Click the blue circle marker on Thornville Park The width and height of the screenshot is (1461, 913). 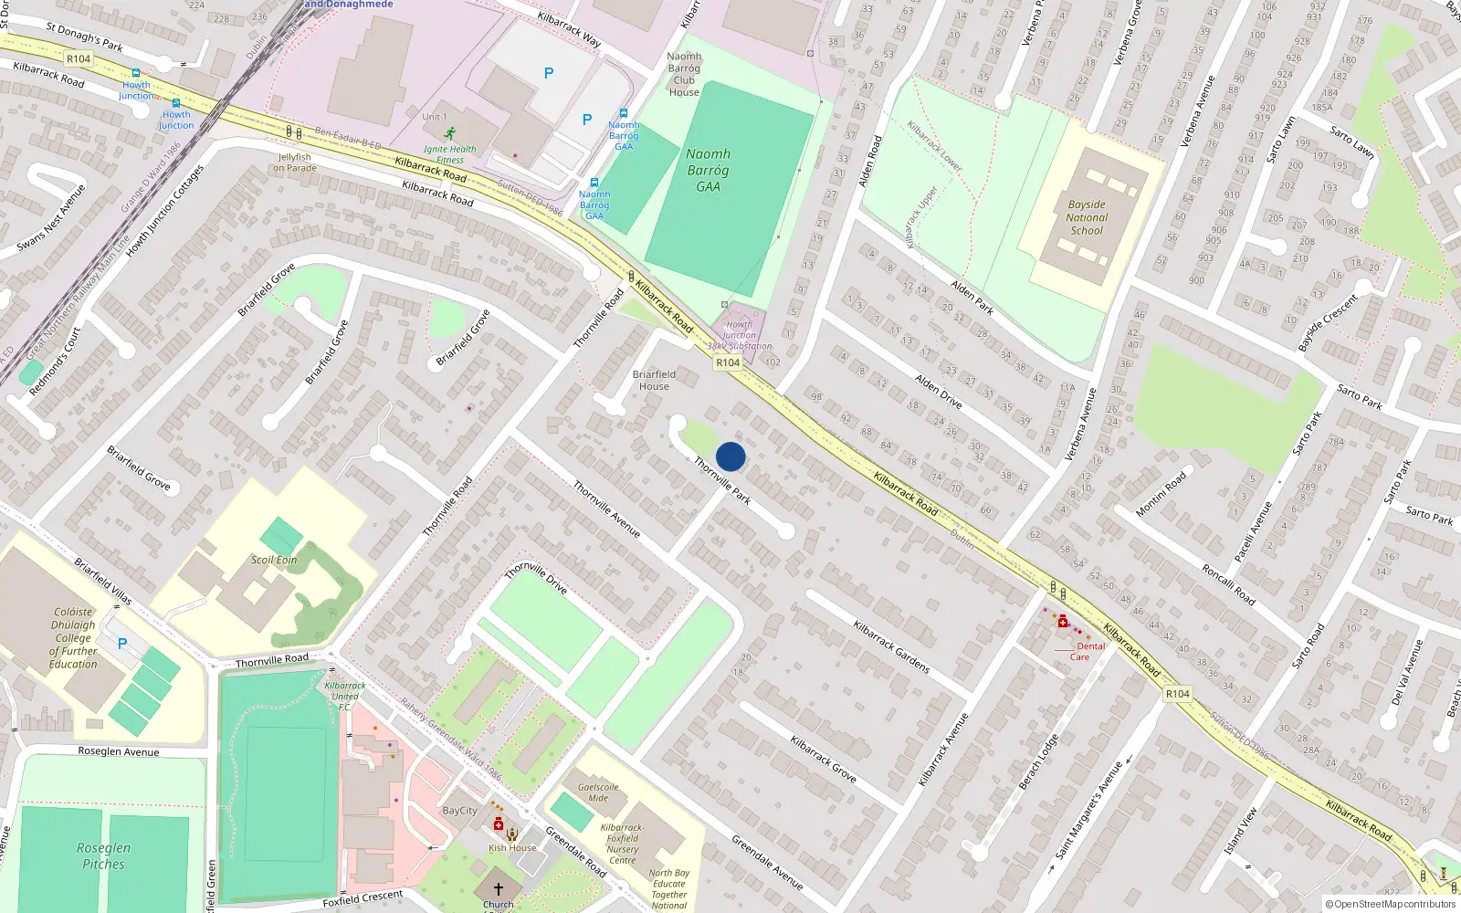[730, 456]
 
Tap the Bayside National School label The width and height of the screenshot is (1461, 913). [1087, 218]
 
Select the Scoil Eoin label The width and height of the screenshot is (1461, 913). [274, 560]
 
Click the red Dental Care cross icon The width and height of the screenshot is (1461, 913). [1063, 622]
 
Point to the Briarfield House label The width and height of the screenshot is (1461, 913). [654, 380]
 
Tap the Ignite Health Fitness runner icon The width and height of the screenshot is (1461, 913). [450, 133]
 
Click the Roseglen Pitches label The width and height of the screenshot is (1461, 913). [103, 856]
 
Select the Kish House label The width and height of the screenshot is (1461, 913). [512, 848]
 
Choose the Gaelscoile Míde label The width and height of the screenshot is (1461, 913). [598, 792]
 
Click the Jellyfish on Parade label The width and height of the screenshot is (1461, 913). [295, 163]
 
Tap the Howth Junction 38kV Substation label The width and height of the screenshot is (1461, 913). [740, 335]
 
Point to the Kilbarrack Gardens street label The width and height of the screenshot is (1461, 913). [891, 647]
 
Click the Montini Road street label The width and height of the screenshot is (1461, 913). [1161, 495]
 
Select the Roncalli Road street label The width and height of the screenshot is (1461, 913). [1228, 585]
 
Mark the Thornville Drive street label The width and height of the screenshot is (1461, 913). [536, 577]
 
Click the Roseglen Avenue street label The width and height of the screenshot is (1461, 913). [119, 751]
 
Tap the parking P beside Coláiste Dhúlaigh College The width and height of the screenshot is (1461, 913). [122, 644]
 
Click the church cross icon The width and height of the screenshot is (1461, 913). [499, 888]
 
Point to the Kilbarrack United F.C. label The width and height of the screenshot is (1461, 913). [345, 696]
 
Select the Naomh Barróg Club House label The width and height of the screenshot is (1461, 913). [684, 74]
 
